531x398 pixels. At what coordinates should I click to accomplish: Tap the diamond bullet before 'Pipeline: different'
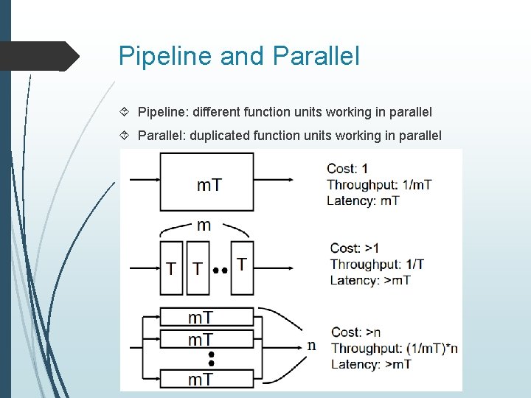click(x=125, y=113)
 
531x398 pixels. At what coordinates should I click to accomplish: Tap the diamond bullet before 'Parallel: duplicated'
click(x=125, y=136)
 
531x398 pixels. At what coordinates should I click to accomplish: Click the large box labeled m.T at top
click(x=207, y=182)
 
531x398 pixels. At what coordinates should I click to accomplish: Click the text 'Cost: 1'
click(x=347, y=170)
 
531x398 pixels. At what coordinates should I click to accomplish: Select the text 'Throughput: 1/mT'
click(x=379, y=185)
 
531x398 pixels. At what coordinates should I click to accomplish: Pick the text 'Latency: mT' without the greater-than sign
click(x=363, y=200)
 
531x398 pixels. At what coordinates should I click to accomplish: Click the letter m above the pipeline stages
click(x=204, y=226)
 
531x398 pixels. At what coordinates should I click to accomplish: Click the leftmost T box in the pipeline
click(x=171, y=268)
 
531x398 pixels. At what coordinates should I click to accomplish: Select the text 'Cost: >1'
click(x=354, y=248)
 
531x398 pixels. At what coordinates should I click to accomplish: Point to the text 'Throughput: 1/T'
click(x=376, y=264)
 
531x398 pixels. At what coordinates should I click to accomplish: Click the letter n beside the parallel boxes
click(x=311, y=346)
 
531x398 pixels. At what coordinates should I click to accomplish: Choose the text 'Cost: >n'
click(x=355, y=332)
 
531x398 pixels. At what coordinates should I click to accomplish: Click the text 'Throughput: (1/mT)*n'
click(x=394, y=348)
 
